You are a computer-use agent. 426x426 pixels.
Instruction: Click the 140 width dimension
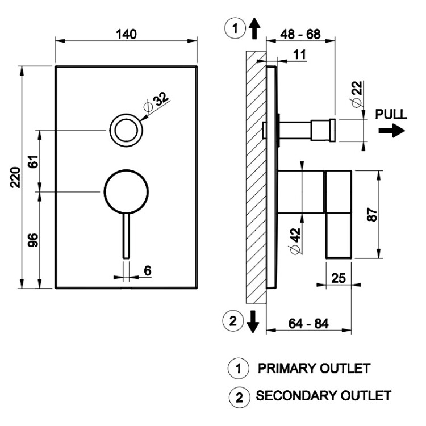(126, 34)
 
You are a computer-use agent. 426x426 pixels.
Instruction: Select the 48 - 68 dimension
(301, 34)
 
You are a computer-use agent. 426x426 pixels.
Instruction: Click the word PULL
(391, 114)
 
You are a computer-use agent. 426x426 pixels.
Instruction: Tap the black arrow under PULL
(391, 131)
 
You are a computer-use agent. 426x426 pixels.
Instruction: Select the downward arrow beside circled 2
(253, 322)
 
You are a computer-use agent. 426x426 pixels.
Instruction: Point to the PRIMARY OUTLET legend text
(314, 368)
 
